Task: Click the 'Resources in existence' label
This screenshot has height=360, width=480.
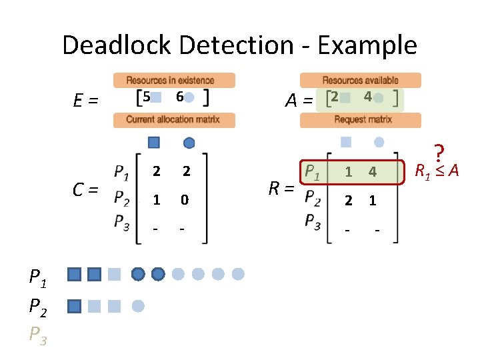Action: (x=174, y=80)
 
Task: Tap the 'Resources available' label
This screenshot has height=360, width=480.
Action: (x=361, y=80)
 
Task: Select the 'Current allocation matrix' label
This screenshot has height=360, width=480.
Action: (x=173, y=120)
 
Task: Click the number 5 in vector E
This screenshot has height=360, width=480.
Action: (x=147, y=97)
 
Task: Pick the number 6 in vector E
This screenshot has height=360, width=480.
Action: (x=179, y=97)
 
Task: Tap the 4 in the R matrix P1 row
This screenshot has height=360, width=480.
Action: (x=373, y=173)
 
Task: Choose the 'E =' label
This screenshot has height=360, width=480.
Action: (x=85, y=101)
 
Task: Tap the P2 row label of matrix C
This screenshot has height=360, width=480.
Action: (x=121, y=199)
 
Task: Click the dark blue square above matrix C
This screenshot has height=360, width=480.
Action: (x=154, y=142)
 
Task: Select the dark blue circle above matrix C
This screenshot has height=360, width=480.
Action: (x=189, y=142)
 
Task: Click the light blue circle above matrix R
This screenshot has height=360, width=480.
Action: (x=379, y=142)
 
